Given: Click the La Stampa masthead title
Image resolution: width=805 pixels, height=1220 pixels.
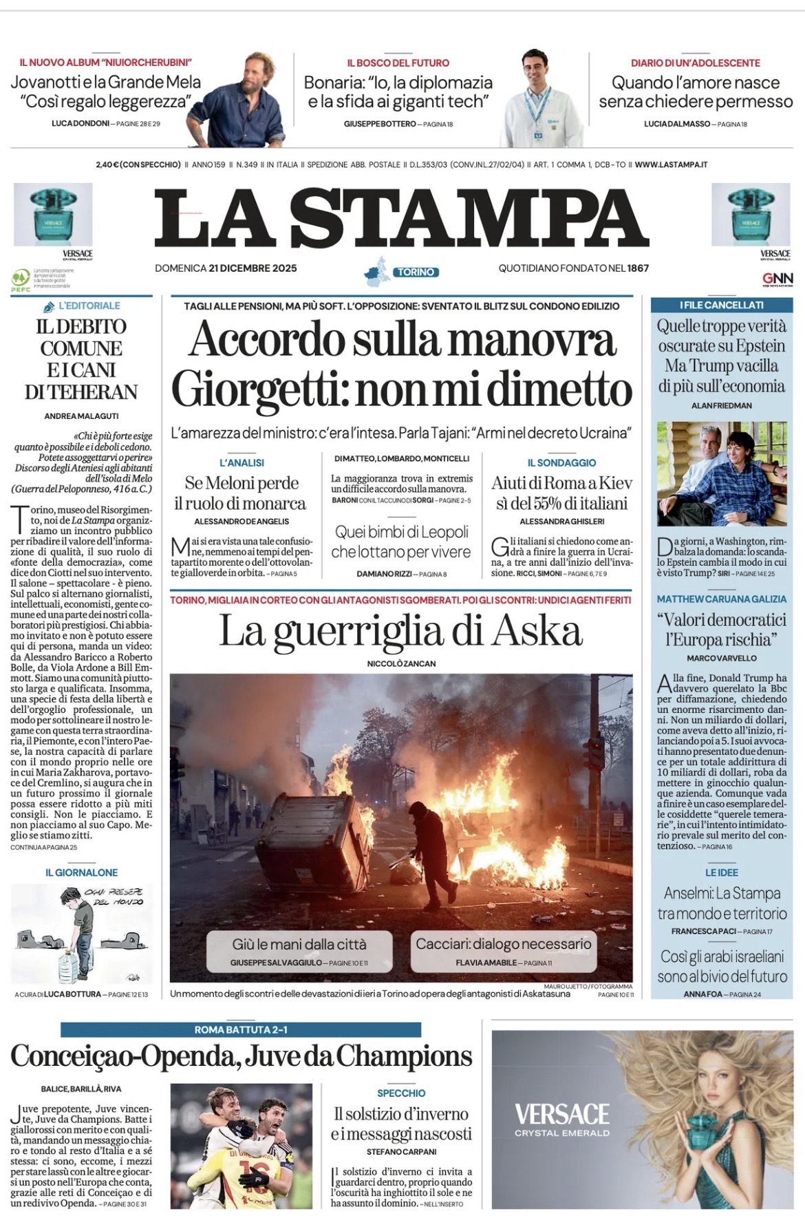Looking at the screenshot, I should coord(401,218).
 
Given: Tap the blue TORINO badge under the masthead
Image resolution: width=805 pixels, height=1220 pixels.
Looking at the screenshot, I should coord(416,272).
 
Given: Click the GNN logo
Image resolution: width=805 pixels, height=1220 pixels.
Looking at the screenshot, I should coord(777,279).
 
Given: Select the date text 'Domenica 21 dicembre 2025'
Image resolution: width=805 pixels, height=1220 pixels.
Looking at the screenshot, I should coord(226,268).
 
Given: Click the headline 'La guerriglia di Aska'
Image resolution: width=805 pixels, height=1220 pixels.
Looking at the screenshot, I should coord(400,631).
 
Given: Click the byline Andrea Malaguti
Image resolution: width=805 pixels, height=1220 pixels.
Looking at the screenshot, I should coord(81,416).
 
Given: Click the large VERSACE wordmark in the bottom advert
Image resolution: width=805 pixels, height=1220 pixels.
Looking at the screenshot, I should coord(561,1114).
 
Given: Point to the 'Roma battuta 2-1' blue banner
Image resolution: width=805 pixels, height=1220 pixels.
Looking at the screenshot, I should coord(241,1029).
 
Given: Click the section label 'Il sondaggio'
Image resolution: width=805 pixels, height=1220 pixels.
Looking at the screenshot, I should coord(561,463).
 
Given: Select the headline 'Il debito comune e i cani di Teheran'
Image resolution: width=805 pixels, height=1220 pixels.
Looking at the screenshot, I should coord(81,359).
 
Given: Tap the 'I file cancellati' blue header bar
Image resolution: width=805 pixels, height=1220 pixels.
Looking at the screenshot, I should coord(721,305).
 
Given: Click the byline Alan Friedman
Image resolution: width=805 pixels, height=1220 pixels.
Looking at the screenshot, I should coord(721,405).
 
